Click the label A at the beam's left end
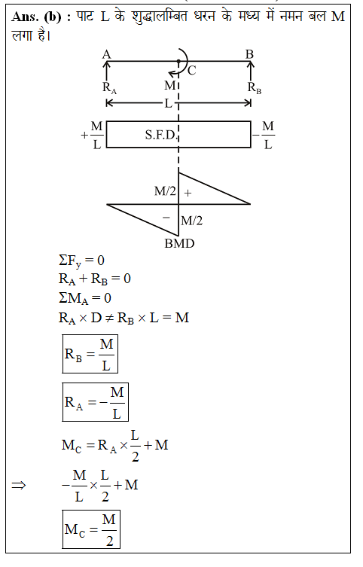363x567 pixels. click(106, 54)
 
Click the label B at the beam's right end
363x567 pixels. click(250, 54)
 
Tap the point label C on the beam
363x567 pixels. click(192, 70)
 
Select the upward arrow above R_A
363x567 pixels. click(106, 71)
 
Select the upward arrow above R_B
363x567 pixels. click(250, 71)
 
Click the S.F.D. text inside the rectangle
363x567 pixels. click(160, 135)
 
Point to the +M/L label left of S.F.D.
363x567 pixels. click(92, 135)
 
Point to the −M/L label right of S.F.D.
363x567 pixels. click(264, 135)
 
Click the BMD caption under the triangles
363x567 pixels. click(179, 243)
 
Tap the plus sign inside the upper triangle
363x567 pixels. click(188, 193)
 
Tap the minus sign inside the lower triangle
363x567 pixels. click(166, 218)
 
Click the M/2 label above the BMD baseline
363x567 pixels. click(165, 191)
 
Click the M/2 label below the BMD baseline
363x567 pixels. click(191, 220)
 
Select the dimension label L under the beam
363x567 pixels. click(169, 103)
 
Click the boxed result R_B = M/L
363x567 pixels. click(90, 354)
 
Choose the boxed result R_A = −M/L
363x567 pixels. click(96, 402)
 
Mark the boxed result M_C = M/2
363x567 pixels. click(91, 529)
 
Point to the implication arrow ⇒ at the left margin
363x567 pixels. click(19, 485)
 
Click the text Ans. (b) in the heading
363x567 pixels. click(36, 17)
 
